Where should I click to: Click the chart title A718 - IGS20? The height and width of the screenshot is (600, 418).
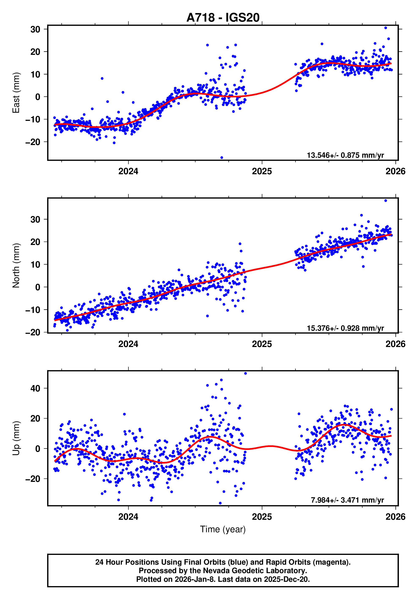[223, 18]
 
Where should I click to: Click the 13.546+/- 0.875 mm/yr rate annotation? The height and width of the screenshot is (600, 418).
[345, 155]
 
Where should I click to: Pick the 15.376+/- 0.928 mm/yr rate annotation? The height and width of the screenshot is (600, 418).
[345, 328]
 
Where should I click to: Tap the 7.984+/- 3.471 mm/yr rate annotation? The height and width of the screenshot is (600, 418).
[347, 500]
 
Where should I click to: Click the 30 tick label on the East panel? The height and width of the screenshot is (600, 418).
[35, 29]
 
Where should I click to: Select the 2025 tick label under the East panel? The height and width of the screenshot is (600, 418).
[262, 171]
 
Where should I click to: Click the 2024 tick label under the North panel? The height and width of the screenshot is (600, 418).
[128, 344]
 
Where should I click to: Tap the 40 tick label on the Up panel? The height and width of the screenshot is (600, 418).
[35, 388]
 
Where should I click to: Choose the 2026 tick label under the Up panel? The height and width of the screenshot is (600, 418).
[395, 517]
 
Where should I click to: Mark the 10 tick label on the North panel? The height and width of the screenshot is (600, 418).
[35, 264]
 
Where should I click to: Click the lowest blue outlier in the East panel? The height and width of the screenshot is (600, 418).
[222, 158]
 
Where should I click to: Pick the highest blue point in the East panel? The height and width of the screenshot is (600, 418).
[386, 28]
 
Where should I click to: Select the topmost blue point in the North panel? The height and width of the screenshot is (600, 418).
[386, 201]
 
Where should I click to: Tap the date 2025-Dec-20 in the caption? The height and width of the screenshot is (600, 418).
[286, 579]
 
